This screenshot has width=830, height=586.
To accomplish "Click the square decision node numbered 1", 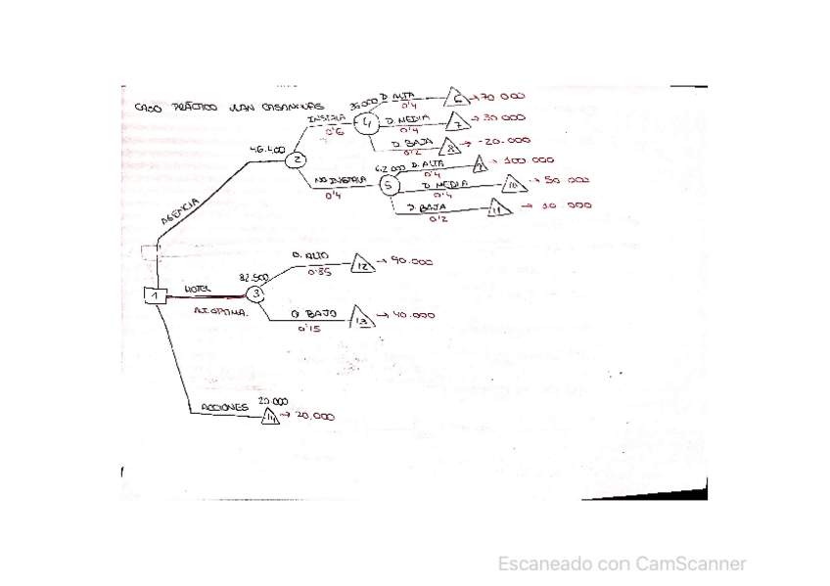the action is click(x=155, y=295).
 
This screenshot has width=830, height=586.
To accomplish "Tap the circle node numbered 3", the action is click(x=255, y=293).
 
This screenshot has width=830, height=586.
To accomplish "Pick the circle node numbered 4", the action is click(x=367, y=124).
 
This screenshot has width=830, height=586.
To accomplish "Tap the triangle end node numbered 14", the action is click(x=270, y=418).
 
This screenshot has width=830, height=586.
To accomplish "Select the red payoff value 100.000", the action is click(x=528, y=160).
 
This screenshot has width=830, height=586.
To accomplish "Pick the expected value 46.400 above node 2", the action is click(x=267, y=150).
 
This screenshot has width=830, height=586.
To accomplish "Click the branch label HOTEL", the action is click(x=198, y=290).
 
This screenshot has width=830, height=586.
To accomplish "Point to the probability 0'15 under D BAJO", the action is click(x=309, y=330).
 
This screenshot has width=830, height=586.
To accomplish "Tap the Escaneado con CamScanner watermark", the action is click(x=622, y=563).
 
